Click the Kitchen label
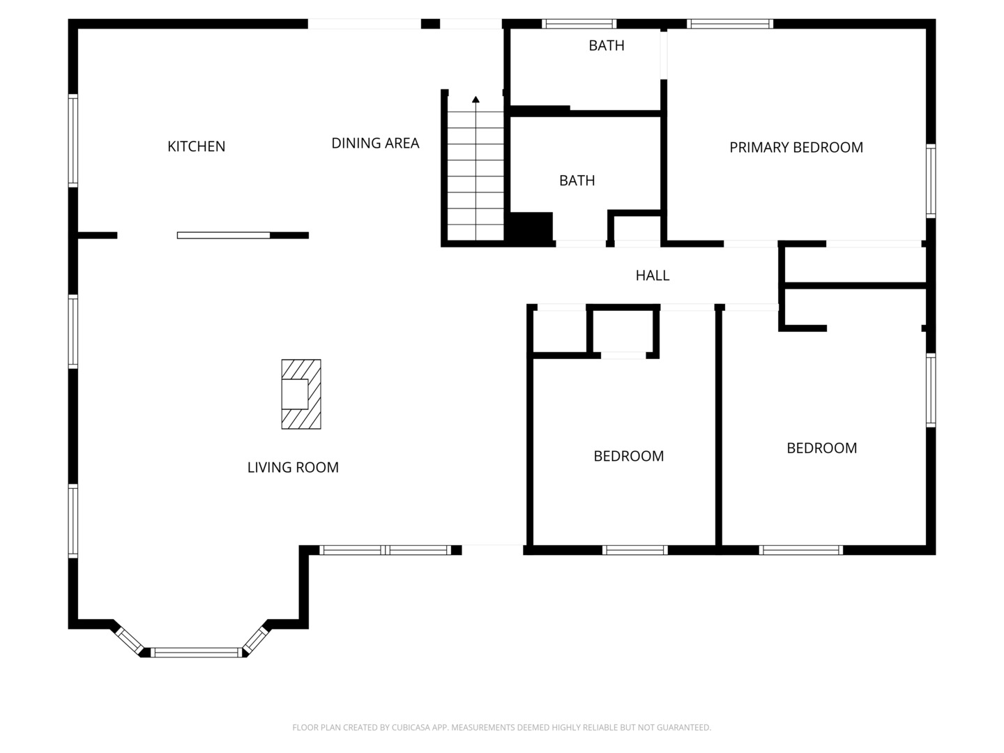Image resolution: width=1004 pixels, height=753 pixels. click(x=196, y=146)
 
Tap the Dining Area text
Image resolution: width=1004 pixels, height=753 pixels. click(x=375, y=143)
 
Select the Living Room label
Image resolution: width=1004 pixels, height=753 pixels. click(x=293, y=467)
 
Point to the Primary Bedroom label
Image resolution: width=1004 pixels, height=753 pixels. click(x=796, y=147)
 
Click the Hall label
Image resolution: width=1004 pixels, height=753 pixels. click(x=653, y=275)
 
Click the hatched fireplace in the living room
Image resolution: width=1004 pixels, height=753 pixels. click(x=301, y=394)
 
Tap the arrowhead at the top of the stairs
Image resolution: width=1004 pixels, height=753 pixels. click(x=476, y=99)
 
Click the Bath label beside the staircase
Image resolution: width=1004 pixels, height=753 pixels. click(x=577, y=181)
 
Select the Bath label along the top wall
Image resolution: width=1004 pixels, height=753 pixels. click(x=606, y=46)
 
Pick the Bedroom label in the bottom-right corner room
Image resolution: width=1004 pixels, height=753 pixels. click(x=821, y=448)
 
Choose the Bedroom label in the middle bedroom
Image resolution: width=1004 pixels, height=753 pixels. click(x=628, y=456)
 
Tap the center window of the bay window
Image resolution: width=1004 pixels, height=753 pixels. click(x=196, y=653)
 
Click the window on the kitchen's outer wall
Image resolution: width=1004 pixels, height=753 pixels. click(x=73, y=140)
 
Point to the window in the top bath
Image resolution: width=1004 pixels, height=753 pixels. click(x=579, y=24)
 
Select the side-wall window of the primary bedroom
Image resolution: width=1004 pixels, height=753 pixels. click(x=931, y=181)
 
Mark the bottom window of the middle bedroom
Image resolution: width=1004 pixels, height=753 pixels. click(x=634, y=550)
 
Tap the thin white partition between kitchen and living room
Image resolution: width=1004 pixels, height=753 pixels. click(x=223, y=236)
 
